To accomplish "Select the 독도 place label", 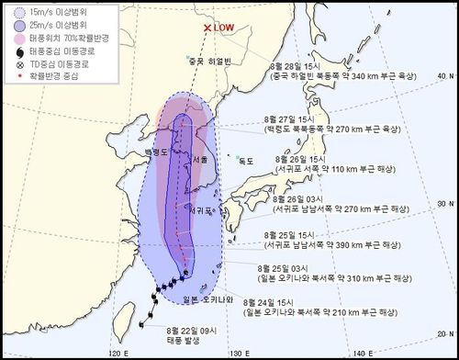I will [x=245, y=161].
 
